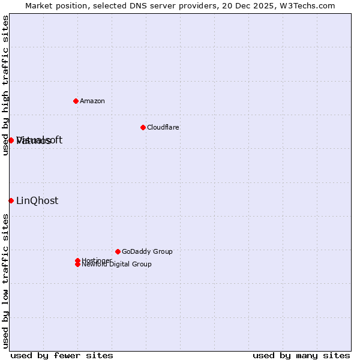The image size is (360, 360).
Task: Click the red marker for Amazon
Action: [76, 101]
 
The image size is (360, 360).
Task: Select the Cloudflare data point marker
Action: [143, 127]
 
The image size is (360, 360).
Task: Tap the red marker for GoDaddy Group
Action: [118, 251]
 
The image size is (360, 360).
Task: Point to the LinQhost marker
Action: [11, 200]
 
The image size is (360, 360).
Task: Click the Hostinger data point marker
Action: [77, 260]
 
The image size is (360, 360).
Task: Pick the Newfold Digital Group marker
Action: [77, 264]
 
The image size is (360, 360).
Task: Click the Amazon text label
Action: [92, 101]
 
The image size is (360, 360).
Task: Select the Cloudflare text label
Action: [163, 127]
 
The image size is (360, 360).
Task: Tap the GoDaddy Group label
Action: [147, 251]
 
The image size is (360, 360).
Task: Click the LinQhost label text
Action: [37, 200]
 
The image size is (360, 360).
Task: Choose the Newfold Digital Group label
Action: [116, 265]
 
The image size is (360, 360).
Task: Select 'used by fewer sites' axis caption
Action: [62, 355]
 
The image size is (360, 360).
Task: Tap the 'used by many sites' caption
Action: [301, 355]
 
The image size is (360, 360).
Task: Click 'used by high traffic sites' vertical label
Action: [5, 85]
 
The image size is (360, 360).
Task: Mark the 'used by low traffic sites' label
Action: [5, 281]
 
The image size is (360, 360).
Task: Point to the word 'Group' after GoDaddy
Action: [161, 251]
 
